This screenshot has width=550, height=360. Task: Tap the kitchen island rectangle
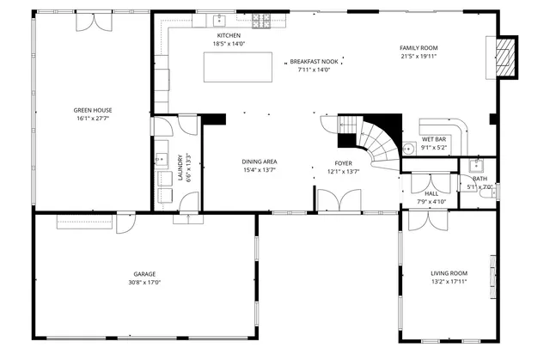coord(231,67)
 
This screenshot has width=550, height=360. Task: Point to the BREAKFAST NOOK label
coord(314,62)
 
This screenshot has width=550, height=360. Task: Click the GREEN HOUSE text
coord(93,110)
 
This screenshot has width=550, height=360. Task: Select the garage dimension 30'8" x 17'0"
coord(144,282)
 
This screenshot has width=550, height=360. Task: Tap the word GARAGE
coord(144,274)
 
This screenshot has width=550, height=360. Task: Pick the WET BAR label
coord(433,139)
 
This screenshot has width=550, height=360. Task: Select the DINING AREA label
coord(259,162)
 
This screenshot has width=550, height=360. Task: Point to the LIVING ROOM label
coord(449,273)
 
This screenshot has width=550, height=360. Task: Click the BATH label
coord(479,179)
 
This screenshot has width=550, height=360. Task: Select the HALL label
coord(431,193)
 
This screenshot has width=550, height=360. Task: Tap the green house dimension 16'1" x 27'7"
coord(93,119)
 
